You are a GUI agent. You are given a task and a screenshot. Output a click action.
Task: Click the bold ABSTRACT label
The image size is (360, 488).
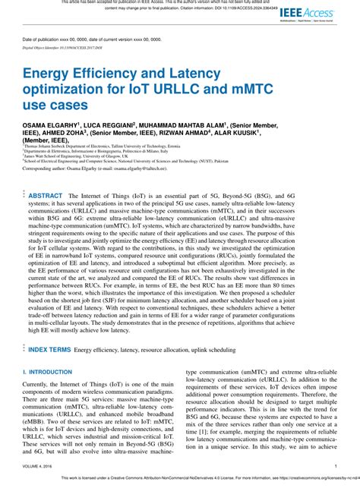pyautogui.click(x=46, y=196)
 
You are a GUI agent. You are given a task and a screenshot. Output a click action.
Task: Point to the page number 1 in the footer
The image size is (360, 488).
pyautogui.click(x=336, y=466)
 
